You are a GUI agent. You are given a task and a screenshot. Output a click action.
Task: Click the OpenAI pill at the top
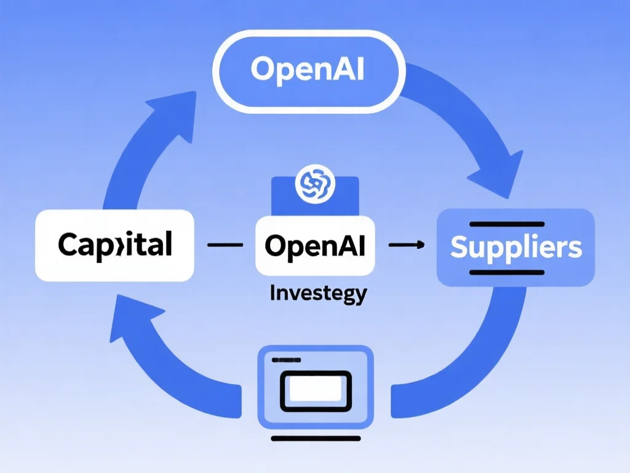tap(308, 71)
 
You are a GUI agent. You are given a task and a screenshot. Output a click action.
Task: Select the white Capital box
tap(115, 245)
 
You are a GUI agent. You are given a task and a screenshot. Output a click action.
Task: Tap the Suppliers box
tap(516, 246)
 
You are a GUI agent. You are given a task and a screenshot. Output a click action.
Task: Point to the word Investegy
tap(318, 293)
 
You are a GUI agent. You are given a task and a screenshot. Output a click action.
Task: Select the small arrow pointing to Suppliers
tap(407, 245)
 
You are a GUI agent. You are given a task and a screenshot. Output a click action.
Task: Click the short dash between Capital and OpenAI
tap(225, 245)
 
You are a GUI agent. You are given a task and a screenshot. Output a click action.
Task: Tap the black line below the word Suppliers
tap(506, 272)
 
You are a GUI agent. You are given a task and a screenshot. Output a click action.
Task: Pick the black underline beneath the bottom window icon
tap(315, 439)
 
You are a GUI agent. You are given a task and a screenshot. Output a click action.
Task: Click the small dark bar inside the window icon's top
tap(284, 359)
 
